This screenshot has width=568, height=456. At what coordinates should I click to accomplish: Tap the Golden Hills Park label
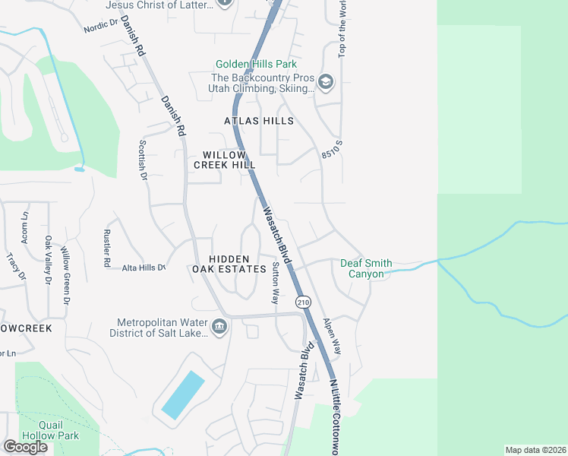point(256,65)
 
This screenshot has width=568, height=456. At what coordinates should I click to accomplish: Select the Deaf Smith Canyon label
point(366,268)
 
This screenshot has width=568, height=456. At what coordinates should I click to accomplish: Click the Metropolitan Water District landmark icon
point(219,327)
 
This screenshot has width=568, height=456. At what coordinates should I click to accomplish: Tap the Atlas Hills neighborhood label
point(258,121)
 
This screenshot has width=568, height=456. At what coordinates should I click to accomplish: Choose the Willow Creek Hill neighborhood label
point(224,159)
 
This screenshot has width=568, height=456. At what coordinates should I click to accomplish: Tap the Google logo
point(25,447)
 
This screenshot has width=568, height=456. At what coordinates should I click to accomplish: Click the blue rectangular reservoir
point(182,395)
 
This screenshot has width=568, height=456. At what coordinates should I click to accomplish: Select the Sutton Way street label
point(276,282)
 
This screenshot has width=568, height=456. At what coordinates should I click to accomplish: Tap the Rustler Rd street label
point(106,249)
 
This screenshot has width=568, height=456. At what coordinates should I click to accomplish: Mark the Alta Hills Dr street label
point(144,268)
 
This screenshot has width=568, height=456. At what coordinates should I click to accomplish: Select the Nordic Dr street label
point(101,27)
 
